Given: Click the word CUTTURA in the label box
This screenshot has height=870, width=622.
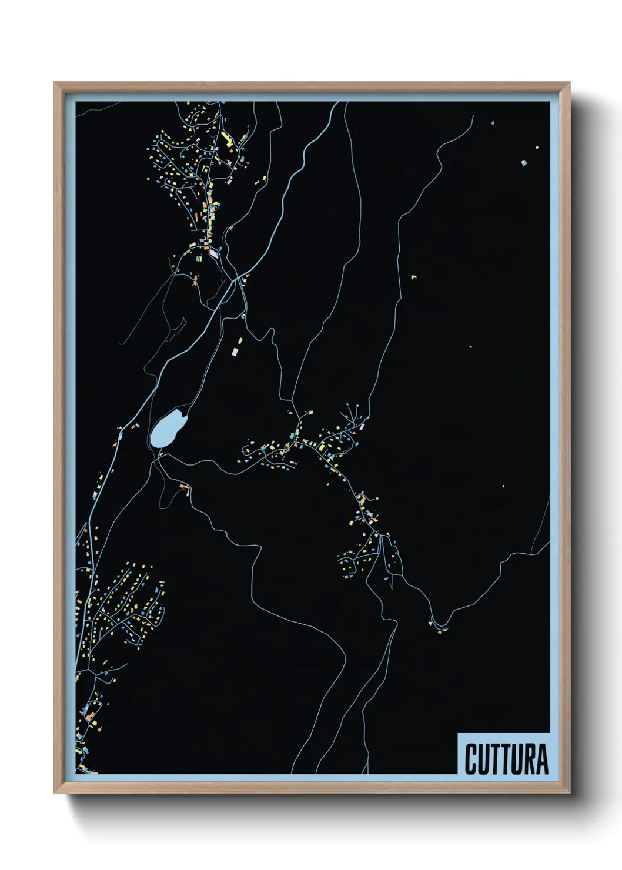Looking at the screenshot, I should [506, 759].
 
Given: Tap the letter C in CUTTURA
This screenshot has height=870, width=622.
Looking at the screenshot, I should [471, 759].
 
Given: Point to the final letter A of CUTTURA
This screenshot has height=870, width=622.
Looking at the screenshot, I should [541, 759].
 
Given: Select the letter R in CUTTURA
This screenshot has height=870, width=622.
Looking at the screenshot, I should [529, 759].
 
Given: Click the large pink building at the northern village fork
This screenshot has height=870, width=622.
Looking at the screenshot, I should [213, 254].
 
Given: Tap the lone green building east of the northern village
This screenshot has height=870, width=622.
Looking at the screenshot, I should [414, 276].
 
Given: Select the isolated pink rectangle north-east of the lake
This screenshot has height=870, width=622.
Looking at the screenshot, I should [235, 352].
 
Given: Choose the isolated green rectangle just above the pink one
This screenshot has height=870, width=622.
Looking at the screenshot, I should [239, 340].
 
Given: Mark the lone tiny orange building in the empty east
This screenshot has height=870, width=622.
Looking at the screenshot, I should [470, 347].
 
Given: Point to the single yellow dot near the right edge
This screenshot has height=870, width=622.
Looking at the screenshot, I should [503, 486].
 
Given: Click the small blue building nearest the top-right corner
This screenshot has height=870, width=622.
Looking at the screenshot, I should [493, 123].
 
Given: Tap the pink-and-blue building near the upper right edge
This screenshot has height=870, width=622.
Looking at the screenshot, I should [524, 163].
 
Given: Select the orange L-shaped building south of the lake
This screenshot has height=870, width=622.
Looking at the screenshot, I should [185, 487].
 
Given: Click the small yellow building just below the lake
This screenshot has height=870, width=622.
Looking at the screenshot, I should [160, 454].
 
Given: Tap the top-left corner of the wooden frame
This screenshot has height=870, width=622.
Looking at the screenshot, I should [55, 83].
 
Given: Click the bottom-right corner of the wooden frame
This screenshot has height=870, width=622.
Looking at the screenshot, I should [569, 792].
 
